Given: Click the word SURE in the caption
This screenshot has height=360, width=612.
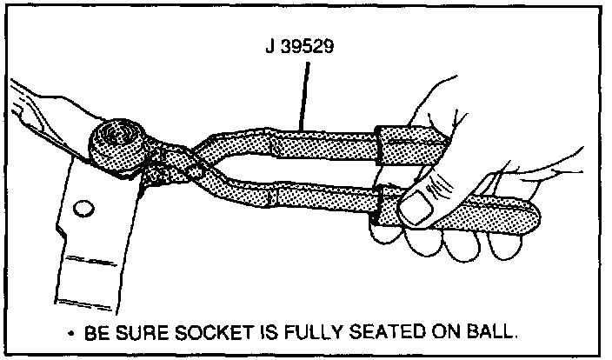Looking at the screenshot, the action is coord(151,333).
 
